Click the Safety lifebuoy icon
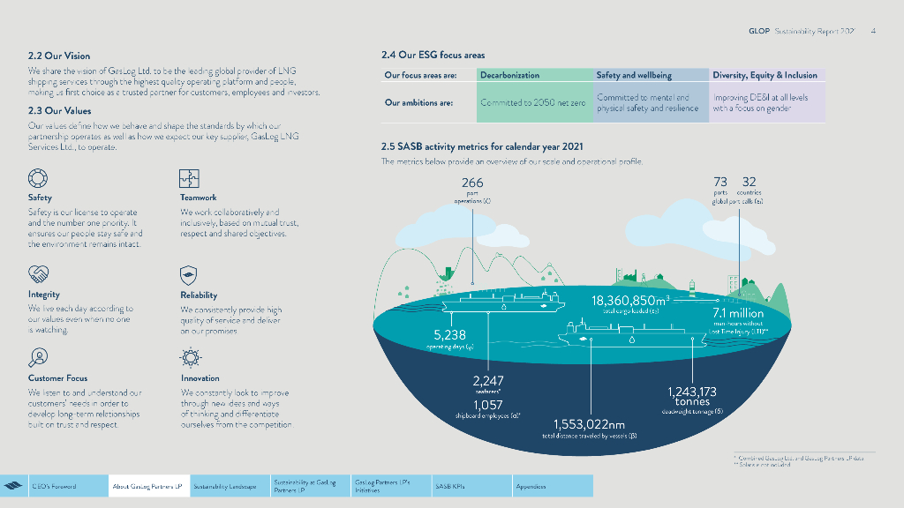[38, 178]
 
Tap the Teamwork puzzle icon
[189, 178]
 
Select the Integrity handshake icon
[38, 273]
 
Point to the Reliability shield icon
[189, 274]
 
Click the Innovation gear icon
[189, 357]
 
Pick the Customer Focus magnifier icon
[38, 357]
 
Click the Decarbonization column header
[509, 76]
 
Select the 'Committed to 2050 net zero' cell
[532, 103]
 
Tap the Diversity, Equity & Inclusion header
[765, 76]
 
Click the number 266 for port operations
[472, 183]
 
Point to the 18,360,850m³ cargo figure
[630, 302]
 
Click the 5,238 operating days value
[449, 335]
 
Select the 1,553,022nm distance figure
[589, 424]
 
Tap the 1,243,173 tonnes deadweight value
[692, 392]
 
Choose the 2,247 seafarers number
[488, 381]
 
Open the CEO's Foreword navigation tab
[54, 486]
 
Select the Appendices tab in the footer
[531, 486]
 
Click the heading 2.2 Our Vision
[59, 56]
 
